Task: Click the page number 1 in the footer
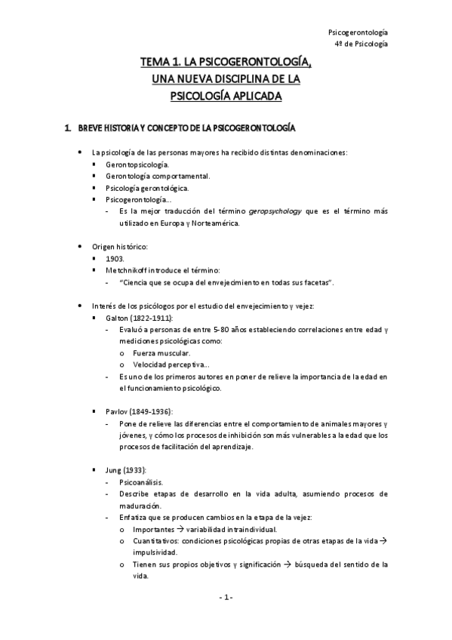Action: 226,598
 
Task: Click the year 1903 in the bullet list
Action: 115,258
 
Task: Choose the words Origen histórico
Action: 118,246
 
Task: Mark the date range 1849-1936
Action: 152,411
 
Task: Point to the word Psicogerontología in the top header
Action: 359,32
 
